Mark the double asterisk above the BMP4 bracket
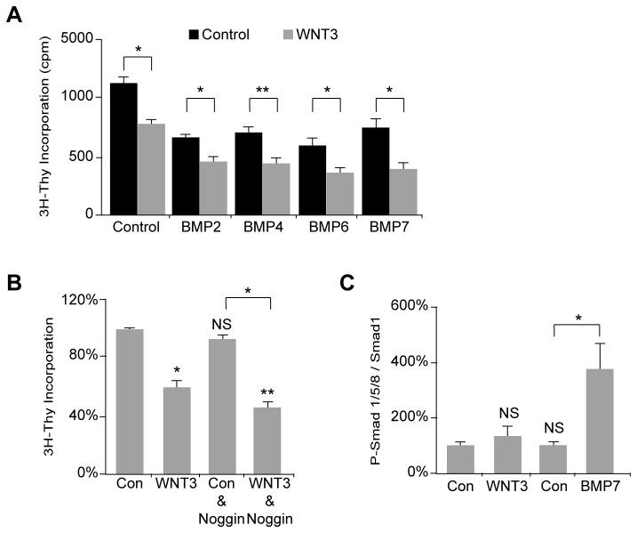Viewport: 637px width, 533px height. tap(265, 90)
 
